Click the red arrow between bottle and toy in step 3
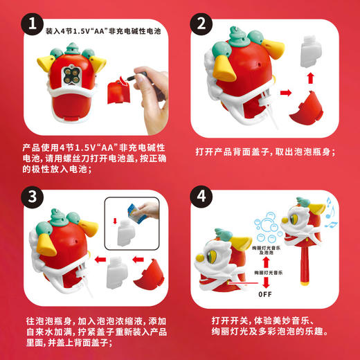[98, 261]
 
